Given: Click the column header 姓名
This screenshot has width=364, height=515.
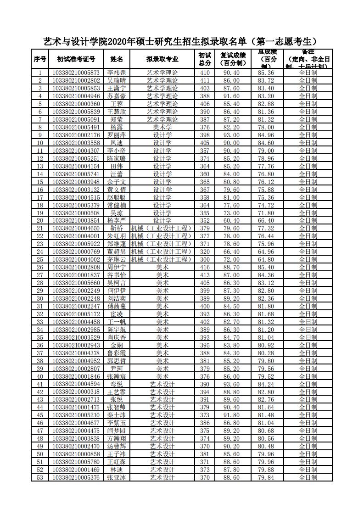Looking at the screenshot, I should coord(117,59).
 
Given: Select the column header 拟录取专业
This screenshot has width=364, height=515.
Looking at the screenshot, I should coord(162,59).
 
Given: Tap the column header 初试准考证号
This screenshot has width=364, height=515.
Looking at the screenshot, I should coord(76,59).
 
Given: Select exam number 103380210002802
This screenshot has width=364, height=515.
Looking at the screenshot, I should coord(76,80).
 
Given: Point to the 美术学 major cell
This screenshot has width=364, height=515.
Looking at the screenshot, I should coord(162,127).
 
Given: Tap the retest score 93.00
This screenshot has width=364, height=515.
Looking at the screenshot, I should coord(231,135).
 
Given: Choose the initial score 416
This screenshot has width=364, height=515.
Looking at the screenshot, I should coord(205,267).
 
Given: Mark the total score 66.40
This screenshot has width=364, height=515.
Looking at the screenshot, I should coord(266,220).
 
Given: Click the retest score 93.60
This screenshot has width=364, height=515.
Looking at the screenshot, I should coord(231,384).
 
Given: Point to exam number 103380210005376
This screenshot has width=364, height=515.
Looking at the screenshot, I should coord(76,477).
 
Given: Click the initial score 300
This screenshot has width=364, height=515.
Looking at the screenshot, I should coord(205,259).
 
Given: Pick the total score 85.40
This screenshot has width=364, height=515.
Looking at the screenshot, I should coord(266,267).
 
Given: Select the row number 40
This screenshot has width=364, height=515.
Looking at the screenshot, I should coord(40,376).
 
